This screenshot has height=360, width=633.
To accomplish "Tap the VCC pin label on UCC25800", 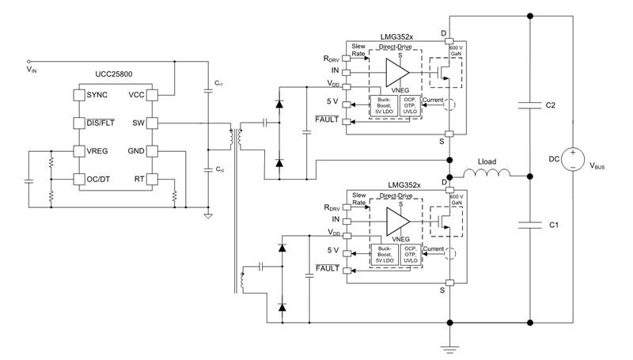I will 135,95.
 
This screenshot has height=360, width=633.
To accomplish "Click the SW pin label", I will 138,123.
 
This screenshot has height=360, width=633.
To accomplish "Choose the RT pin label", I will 139,179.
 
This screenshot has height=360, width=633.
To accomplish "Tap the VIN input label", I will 32,70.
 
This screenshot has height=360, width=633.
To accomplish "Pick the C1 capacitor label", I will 555,225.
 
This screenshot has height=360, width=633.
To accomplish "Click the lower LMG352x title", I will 404,183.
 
